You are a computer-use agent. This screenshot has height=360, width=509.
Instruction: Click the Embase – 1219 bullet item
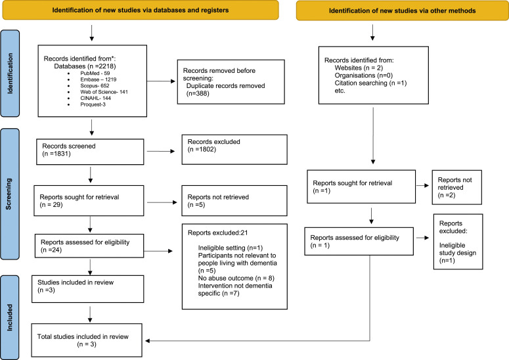(98, 79)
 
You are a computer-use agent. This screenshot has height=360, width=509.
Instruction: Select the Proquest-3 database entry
(93, 104)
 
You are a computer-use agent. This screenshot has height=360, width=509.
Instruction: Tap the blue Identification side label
(10, 74)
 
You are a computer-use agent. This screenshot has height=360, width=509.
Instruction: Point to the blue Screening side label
(9, 194)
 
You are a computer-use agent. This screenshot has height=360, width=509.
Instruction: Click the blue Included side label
(9, 317)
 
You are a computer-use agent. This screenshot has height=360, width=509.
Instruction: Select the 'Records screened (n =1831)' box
(90, 152)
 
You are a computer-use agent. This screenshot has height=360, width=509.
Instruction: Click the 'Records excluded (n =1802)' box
(234, 149)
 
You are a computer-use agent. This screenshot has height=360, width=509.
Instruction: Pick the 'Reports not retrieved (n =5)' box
(234, 200)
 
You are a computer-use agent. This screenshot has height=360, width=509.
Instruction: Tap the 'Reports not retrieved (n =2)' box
(456, 187)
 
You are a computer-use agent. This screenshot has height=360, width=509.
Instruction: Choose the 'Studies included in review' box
(87, 289)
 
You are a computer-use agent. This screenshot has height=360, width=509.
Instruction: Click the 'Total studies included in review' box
(87, 340)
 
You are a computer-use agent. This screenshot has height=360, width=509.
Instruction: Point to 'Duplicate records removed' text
(226, 85)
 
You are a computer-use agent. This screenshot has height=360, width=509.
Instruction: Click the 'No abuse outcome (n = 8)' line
(236, 278)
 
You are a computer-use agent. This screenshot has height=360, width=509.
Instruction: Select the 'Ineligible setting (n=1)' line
(230, 248)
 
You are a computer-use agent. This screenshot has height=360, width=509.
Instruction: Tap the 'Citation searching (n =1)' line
(370, 83)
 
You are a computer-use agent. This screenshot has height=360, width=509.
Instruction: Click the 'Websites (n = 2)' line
(359, 68)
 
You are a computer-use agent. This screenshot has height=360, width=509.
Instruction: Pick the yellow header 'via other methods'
(403, 11)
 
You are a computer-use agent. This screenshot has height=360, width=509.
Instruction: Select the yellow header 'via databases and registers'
(141, 10)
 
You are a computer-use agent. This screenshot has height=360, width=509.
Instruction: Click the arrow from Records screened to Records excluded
(161, 151)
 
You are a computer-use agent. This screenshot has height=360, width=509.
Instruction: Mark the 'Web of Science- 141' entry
(104, 92)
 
